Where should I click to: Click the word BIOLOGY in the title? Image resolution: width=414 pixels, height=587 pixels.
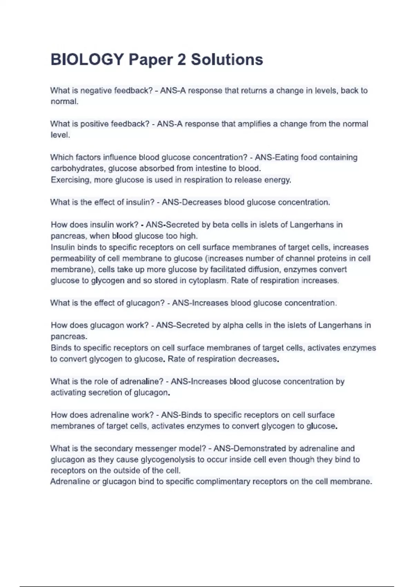point(87,59)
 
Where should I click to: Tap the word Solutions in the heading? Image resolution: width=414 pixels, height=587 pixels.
point(227,59)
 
